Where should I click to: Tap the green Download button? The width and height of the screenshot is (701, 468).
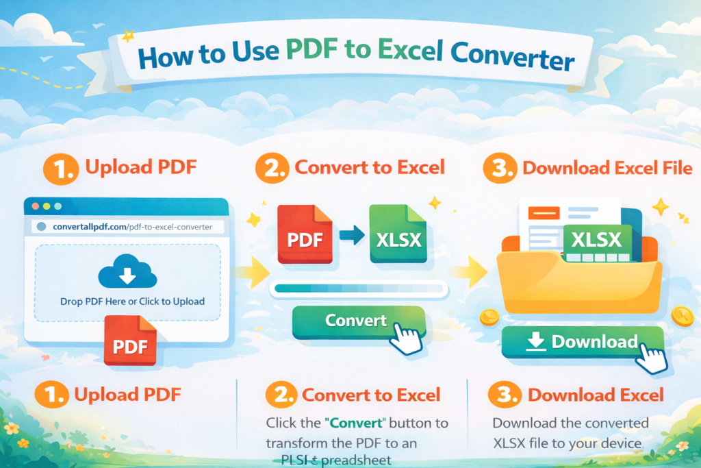582,342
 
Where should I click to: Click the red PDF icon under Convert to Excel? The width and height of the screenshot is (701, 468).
305,234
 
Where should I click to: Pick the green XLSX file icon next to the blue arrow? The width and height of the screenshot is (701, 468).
396,234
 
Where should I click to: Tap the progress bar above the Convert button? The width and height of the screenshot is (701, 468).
359,289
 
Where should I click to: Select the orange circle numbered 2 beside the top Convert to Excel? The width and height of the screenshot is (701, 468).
273,168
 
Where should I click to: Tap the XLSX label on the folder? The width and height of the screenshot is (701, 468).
595,240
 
